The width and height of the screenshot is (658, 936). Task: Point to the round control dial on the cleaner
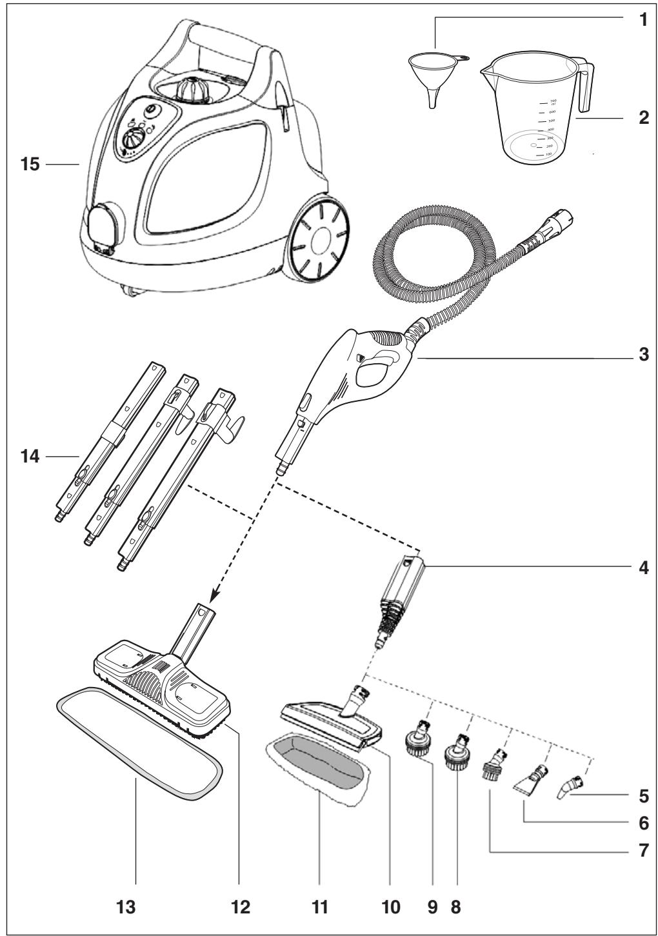(x=134, y=139)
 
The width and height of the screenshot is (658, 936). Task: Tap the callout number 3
(x=642, y=355)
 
